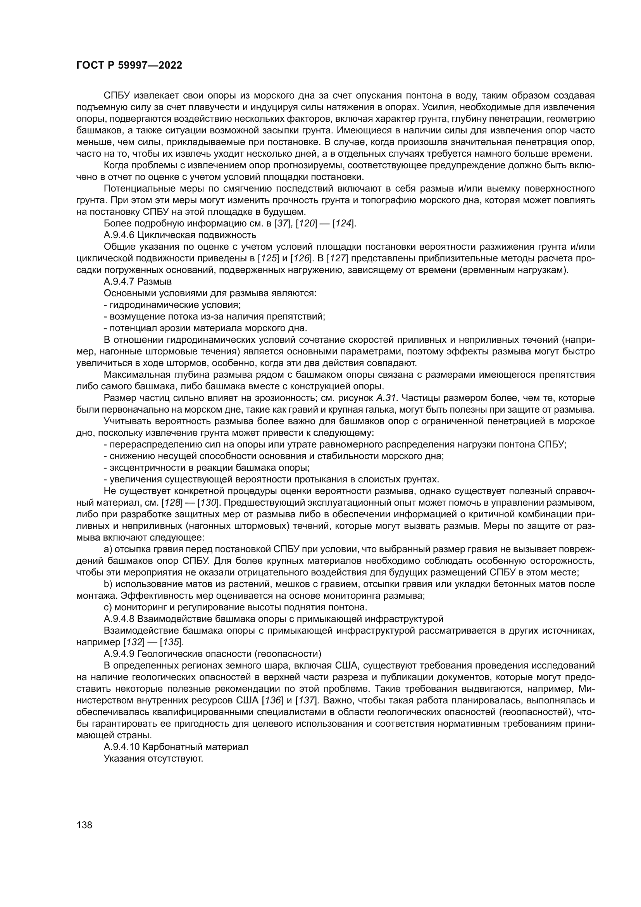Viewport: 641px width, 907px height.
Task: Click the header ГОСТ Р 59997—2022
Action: (129, 66)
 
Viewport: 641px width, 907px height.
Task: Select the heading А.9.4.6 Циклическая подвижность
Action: (180, 235)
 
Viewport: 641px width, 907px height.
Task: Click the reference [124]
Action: (344, 224)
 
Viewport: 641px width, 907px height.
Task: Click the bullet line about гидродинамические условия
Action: (172, 305)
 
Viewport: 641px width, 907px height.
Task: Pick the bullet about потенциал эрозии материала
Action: (205, 328)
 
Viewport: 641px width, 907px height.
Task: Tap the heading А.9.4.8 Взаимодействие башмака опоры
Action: (274, 618)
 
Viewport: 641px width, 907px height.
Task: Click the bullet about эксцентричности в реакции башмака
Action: (207, 468)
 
